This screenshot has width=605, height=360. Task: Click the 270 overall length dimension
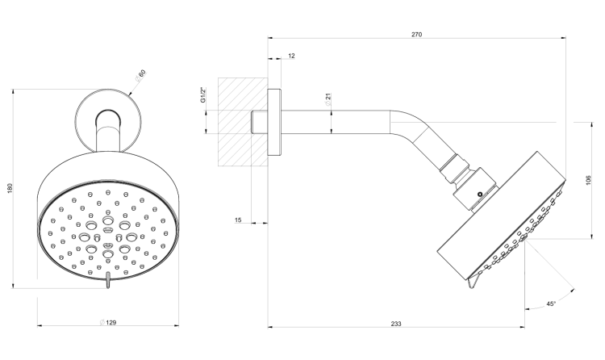click(x=416, y=35)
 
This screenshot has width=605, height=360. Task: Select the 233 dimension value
click(x=396, y=324)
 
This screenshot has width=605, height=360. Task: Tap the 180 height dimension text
click(x=10, y=188)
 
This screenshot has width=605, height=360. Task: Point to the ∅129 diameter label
click(x=107, y=322)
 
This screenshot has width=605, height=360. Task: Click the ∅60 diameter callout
click(x=140, y=75)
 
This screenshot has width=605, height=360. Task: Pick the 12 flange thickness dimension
click(x=291, y=56)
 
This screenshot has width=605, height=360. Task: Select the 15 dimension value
click(x=238, y=220)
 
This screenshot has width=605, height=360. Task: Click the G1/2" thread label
click(x=203, y=95)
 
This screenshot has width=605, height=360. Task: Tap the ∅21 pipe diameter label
click(x=328, y=99)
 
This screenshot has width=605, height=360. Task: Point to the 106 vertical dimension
click(x=588, y=180)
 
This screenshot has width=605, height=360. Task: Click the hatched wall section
click(x=243, y=122)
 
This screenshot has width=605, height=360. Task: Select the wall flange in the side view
click(x=274, y=122)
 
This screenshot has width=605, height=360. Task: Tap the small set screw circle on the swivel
click(x=480, y=195)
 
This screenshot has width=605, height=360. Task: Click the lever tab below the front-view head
click(x=108, y=280)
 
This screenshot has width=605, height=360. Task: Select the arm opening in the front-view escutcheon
click(x=107, y=119)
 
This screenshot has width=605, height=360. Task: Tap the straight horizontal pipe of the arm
click(x=336, y=122)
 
